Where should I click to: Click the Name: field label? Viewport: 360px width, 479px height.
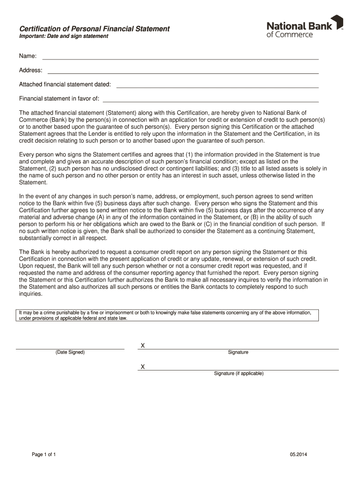click(28, 56)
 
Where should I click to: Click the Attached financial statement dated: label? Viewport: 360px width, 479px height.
click(65, 85)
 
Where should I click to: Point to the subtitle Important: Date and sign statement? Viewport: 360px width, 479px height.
click(64, 36)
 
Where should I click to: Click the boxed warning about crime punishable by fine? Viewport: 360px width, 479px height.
click(167, 315)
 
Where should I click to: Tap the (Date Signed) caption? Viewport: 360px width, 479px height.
click(70, 352)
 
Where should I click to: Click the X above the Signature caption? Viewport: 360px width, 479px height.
click(143, 346)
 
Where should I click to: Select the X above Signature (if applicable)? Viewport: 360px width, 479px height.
click(143, 367)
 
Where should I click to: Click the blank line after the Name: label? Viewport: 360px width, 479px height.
click(180, 58)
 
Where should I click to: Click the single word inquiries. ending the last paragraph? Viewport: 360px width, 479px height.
click(30, 294)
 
